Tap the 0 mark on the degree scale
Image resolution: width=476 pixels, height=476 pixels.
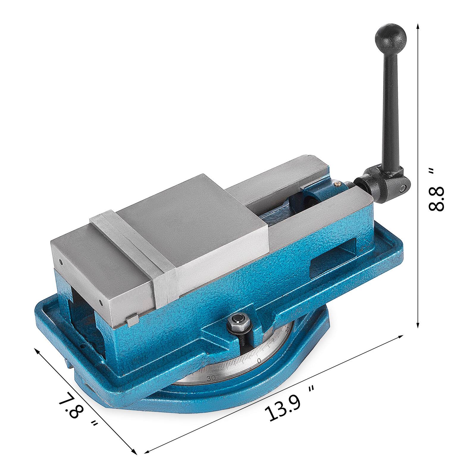click(x=259, y=360)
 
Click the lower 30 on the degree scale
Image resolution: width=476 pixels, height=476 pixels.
click(x=212, y=378)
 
